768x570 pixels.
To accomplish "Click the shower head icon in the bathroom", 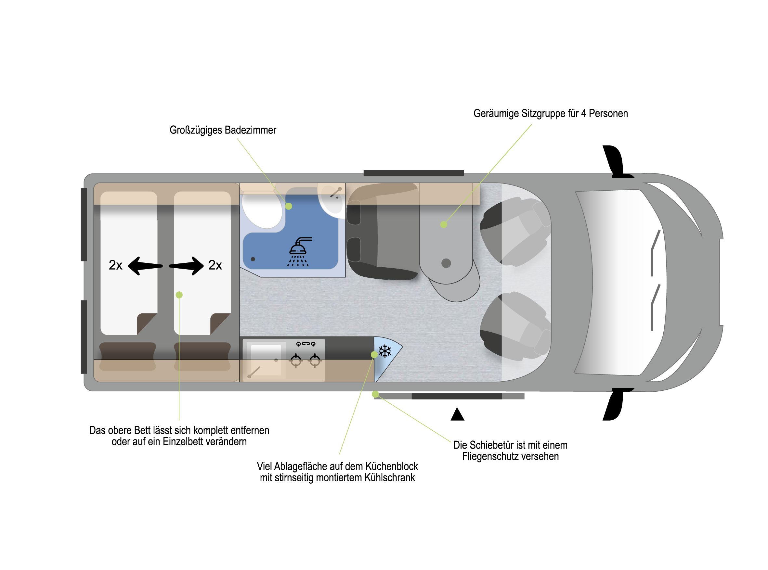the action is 299,251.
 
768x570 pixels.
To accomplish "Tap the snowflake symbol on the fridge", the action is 385,351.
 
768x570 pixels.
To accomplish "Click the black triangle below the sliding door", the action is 458,414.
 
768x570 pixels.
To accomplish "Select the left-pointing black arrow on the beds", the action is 145,266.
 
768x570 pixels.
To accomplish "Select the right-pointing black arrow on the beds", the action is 186,266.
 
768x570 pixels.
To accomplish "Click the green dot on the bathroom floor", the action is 289,206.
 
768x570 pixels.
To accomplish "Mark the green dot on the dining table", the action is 444,225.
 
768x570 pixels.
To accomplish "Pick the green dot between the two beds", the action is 179,295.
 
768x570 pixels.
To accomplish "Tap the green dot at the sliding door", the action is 375,394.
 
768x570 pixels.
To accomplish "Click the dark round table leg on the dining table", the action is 446,263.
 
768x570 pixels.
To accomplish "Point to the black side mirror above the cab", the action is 617,161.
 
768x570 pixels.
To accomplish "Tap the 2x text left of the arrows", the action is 115,265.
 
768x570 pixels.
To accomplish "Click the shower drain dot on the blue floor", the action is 253,259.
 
